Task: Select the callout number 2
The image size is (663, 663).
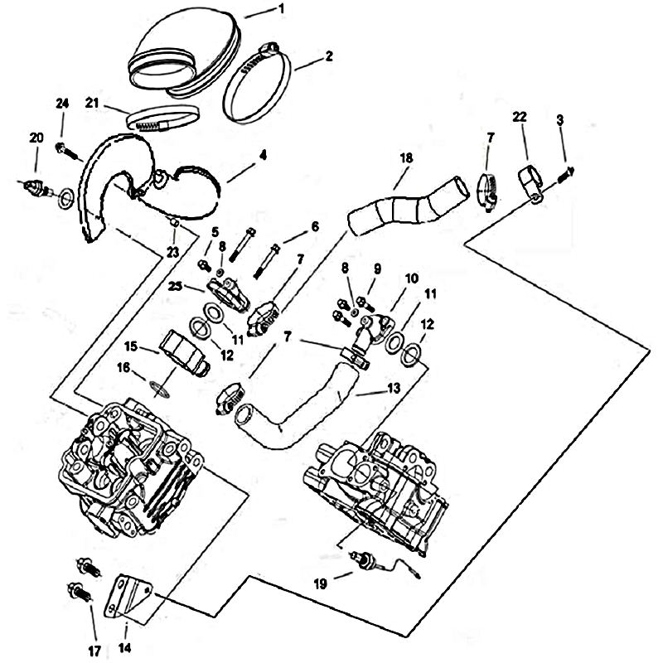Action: [329, 56]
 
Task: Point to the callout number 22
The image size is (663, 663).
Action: [520, 119]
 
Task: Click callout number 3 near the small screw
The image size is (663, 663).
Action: [560, 121]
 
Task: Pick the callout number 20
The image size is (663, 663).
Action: [36, 138]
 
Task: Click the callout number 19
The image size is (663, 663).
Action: [321, 583]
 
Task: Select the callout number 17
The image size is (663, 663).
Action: [94, 651]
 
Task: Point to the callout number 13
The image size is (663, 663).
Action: [392, 388]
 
